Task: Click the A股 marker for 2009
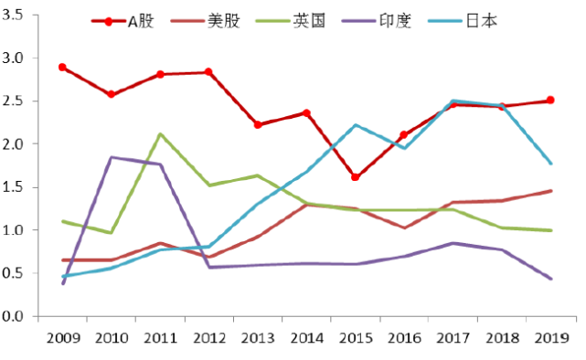pos(62,67)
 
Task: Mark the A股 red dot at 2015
pos(355,177)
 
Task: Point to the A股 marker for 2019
pos(550,101)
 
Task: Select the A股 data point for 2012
pos(208,72)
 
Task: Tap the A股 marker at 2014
pos(306,113)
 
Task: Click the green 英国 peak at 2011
pos(160,134)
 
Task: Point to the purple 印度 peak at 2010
pos(112,157)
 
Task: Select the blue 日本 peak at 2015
pos(355,125)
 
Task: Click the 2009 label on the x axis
pos(62,337)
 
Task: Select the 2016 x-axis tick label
pos(404,337)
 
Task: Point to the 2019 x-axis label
pos(550,337)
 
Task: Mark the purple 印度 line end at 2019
pos(550,279)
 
